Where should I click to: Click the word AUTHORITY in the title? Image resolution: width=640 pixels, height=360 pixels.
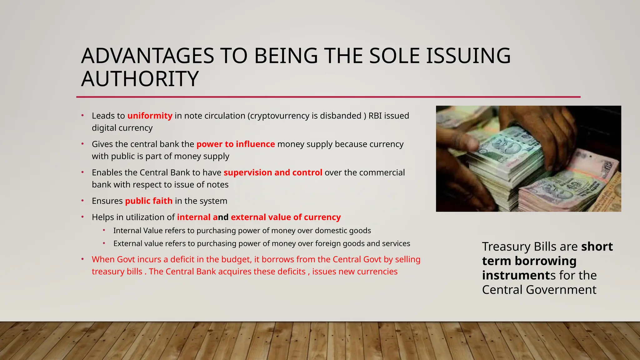coord(140,79)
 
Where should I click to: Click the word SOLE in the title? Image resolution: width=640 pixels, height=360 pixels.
coord(394,56)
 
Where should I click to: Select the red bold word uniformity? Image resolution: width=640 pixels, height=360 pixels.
coord(150,116)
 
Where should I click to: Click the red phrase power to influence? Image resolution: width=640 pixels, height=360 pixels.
coord(235,144)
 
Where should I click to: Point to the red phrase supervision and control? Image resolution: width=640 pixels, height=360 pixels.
coord(273,172)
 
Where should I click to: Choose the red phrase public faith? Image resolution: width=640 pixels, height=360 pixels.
coord(149,201)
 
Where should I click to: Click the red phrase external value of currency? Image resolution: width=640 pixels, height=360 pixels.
coord(286,217)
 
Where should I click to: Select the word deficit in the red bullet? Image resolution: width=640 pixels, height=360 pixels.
coord(187,259)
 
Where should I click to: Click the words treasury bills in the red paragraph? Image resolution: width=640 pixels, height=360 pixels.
coord(117,272)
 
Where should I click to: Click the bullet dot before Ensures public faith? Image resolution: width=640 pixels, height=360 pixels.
coord(82,201)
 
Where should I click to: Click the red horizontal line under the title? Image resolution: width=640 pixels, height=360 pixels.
coord(328,97)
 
